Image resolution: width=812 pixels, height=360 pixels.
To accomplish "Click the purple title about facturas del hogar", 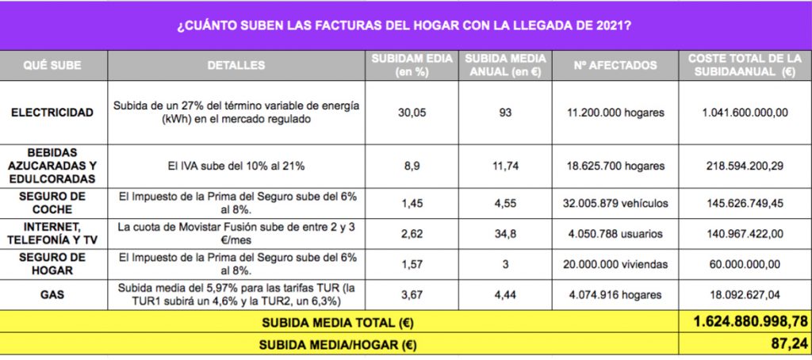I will [x=404, y=25].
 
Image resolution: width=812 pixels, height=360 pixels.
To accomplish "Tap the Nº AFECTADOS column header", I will [x=615, y=65].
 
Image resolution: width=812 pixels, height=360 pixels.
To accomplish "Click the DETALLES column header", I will [x=236, y=65].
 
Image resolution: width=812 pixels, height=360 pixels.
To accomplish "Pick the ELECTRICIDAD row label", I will [x=52, y=113].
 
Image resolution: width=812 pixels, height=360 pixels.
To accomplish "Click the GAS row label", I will [x=52, y=294].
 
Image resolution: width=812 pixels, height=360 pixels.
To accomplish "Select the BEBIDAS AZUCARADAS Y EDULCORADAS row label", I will [x=52, y=167].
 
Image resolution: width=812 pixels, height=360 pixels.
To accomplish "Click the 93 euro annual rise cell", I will [x=505, y=113].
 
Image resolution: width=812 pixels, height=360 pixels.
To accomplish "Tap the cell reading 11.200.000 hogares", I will [x=615, y=113].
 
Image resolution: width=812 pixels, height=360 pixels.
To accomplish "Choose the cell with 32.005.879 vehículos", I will [x=615, y=203].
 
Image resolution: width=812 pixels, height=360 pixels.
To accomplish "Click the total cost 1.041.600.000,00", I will [x=744, y=113].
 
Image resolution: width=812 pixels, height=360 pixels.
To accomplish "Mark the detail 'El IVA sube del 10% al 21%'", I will [x=236, y=167].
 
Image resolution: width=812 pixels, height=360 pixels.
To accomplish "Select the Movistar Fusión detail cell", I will [x=236, y=233].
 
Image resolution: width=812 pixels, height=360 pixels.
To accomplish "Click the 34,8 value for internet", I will [x=505, y=233].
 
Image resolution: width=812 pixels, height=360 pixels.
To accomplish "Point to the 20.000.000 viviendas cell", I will [x=615, y=264].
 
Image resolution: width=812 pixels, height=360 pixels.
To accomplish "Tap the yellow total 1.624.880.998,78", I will [x=744, y=322].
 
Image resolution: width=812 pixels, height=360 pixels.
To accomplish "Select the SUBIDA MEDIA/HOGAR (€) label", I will [x=339, y=346].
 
